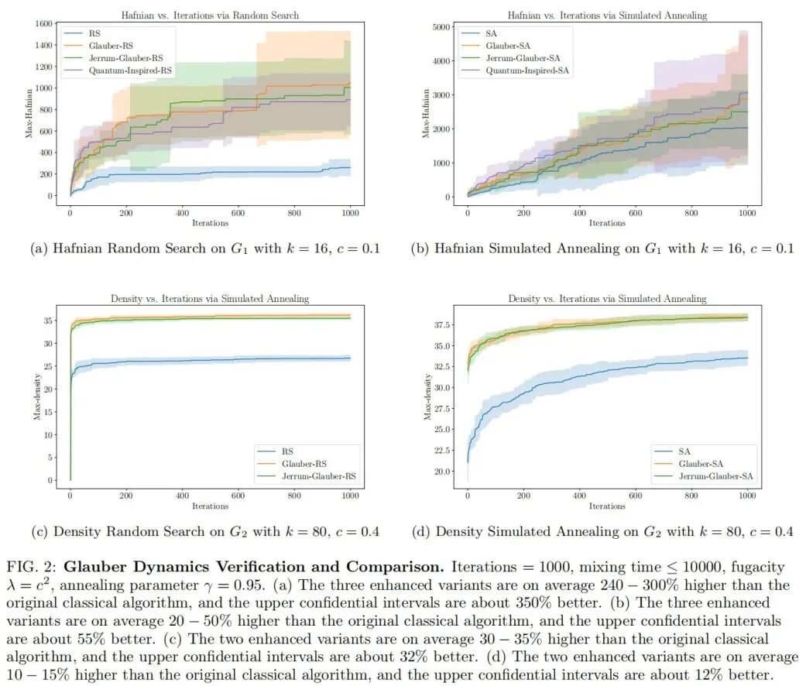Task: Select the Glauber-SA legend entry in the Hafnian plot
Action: (508, 46)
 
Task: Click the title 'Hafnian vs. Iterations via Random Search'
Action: (210, 15)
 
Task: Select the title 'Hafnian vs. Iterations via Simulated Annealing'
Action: (606, 15)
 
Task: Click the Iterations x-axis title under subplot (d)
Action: (606, 506)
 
